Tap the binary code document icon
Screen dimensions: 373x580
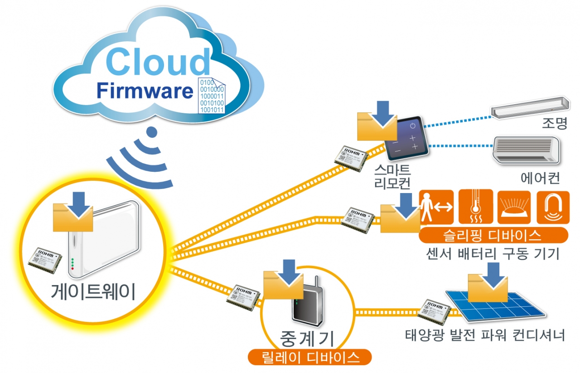[213, 96]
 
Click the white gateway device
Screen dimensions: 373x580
[107, 240]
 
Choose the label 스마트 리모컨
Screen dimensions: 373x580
[393, 177]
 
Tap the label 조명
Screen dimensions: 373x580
[554, 124]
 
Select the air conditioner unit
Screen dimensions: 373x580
[526, 149]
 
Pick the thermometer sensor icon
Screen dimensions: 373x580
[475, 207]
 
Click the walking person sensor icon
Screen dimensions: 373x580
[436, 207]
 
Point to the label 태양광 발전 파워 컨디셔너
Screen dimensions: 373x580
[485, 336]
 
